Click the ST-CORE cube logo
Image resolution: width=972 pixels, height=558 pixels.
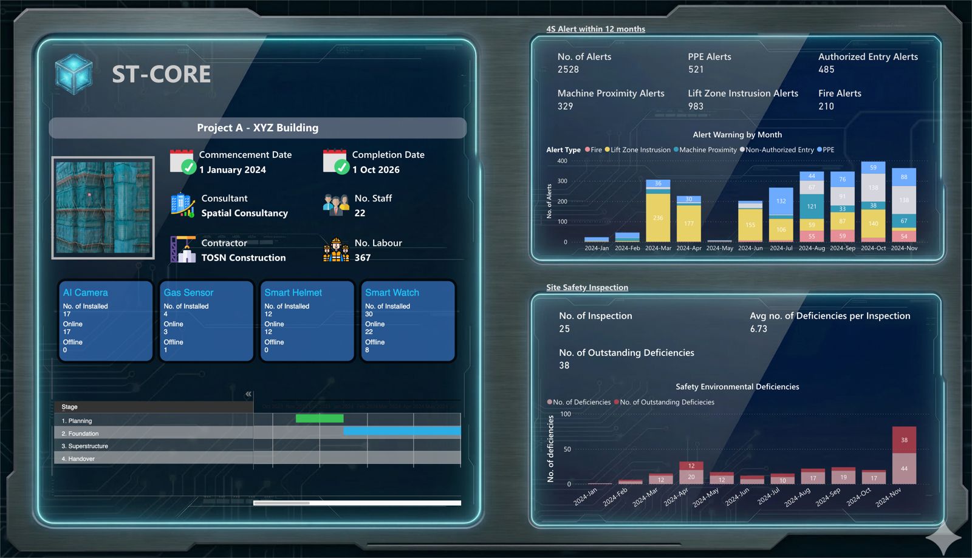[x=74, y=74]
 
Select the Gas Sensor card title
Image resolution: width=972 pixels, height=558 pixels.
[x=188, y=293]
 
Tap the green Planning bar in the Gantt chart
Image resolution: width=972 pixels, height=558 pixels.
[x=320, y=418]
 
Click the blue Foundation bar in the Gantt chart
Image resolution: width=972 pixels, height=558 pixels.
[x=402, y=431]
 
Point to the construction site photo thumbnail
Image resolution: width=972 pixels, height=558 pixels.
[x=103, y=208]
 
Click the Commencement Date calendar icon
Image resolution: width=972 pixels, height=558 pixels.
[x=182, y=162]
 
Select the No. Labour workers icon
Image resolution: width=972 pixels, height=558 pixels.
[x=336, y=250]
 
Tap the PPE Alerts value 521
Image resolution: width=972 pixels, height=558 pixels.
[x=696, y=70]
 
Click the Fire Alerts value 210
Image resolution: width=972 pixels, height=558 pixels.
[x=826, y=106]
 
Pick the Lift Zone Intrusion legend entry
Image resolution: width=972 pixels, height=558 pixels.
[x=640, y=150]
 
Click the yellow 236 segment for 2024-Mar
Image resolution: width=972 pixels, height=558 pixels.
[x=658, y=217]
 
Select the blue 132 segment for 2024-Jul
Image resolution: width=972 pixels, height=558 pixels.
[x=781, y=201]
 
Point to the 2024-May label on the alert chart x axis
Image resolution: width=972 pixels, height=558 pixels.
[x=719, y=248]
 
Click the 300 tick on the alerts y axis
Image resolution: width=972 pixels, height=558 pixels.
[x=562, y=181]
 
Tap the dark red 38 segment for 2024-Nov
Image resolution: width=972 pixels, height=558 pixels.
[x=904, y=440]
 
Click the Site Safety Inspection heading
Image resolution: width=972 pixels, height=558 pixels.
[x=587, y=287]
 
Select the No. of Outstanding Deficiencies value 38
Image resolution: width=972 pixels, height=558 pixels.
[x=564, y=366]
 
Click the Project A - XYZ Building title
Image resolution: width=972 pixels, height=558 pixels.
[x=258, y=128]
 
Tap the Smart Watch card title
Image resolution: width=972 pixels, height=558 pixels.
[x=392, y=293]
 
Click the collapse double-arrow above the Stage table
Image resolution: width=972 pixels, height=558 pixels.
[x=248, y=394]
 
